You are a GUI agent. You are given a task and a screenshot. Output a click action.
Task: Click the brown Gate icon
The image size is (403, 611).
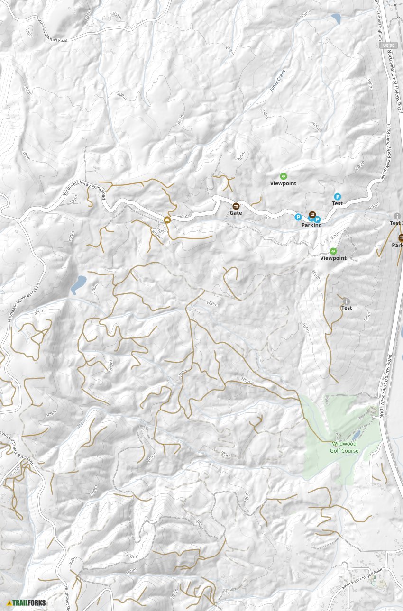click(236, 206)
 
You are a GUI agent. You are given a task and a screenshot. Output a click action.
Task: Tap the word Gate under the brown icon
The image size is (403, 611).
click(236, 213)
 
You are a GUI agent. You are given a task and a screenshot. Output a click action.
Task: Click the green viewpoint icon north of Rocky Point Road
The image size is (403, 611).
click(284, 176)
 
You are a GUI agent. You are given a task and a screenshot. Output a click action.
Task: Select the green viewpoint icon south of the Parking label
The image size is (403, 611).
click(333, 251)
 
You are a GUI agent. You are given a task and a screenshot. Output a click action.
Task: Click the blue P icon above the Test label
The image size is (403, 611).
click(338, 196)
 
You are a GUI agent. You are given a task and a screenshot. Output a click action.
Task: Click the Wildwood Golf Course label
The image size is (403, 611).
click(344, 447)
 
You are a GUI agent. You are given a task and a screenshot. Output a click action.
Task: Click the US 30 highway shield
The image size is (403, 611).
click(388, 45)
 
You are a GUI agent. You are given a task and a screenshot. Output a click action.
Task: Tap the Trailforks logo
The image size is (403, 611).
click(27, 603)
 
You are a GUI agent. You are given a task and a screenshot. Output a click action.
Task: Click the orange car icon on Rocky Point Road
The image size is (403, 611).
click(167, 219)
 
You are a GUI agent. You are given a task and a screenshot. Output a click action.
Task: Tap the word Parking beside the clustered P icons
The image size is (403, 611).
click(311, 225)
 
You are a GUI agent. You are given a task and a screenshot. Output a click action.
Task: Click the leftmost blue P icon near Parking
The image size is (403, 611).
click(298, 217)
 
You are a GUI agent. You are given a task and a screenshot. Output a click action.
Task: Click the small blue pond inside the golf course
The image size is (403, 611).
click(356, 436)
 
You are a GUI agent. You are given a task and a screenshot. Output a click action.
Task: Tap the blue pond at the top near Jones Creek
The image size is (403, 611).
click(336, 19)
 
